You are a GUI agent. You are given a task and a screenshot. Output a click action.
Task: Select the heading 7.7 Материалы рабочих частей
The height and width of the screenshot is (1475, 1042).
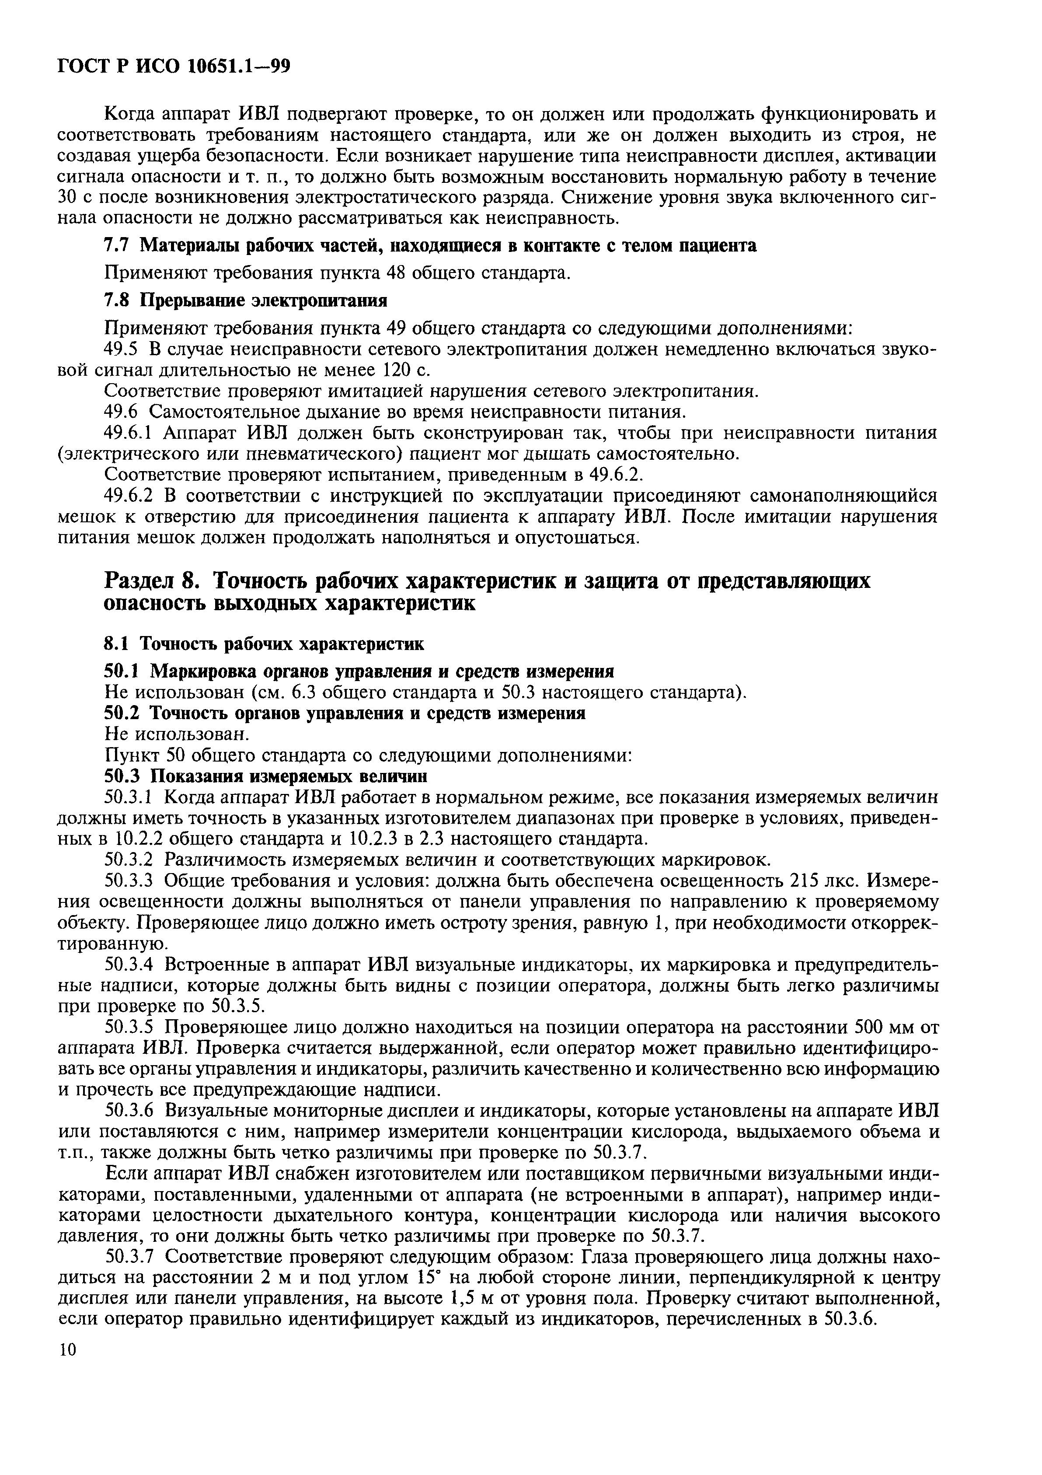429,245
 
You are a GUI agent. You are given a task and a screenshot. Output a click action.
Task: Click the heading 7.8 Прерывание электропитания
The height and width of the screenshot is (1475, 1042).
245,301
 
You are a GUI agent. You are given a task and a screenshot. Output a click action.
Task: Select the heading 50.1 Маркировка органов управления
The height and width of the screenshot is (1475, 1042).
358,671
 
